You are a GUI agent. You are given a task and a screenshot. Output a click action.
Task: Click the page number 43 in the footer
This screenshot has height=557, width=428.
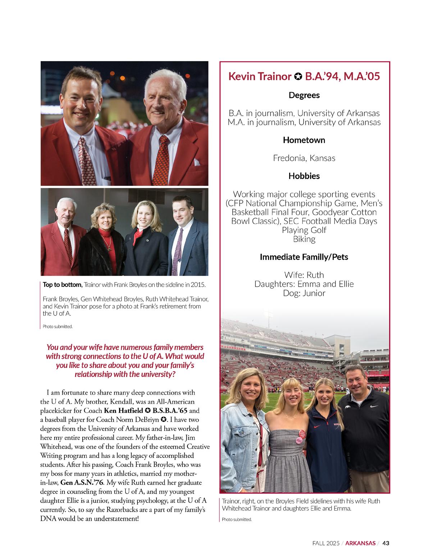386,543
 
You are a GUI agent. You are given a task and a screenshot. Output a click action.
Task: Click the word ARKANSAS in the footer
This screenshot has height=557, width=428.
360,543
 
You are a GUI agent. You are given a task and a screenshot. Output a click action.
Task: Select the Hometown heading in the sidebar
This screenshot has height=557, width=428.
304,140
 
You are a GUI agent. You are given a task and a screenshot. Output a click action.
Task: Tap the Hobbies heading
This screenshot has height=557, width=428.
304,176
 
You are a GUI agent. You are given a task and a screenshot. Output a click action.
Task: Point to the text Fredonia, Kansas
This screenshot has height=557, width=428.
304,158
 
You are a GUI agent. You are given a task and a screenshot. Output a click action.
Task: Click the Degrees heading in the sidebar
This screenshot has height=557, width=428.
304,95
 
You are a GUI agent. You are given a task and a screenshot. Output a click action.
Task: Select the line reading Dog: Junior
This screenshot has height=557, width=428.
304,293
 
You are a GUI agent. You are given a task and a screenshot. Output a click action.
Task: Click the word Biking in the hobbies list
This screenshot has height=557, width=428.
304,239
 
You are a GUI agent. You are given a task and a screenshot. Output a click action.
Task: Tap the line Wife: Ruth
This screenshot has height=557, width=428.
304,275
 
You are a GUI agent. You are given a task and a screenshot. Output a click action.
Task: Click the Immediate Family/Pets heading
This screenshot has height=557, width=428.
304,257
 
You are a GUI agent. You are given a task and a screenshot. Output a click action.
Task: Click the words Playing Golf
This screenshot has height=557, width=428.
304,230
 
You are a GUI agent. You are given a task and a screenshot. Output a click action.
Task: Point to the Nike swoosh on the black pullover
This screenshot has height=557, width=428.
374,406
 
